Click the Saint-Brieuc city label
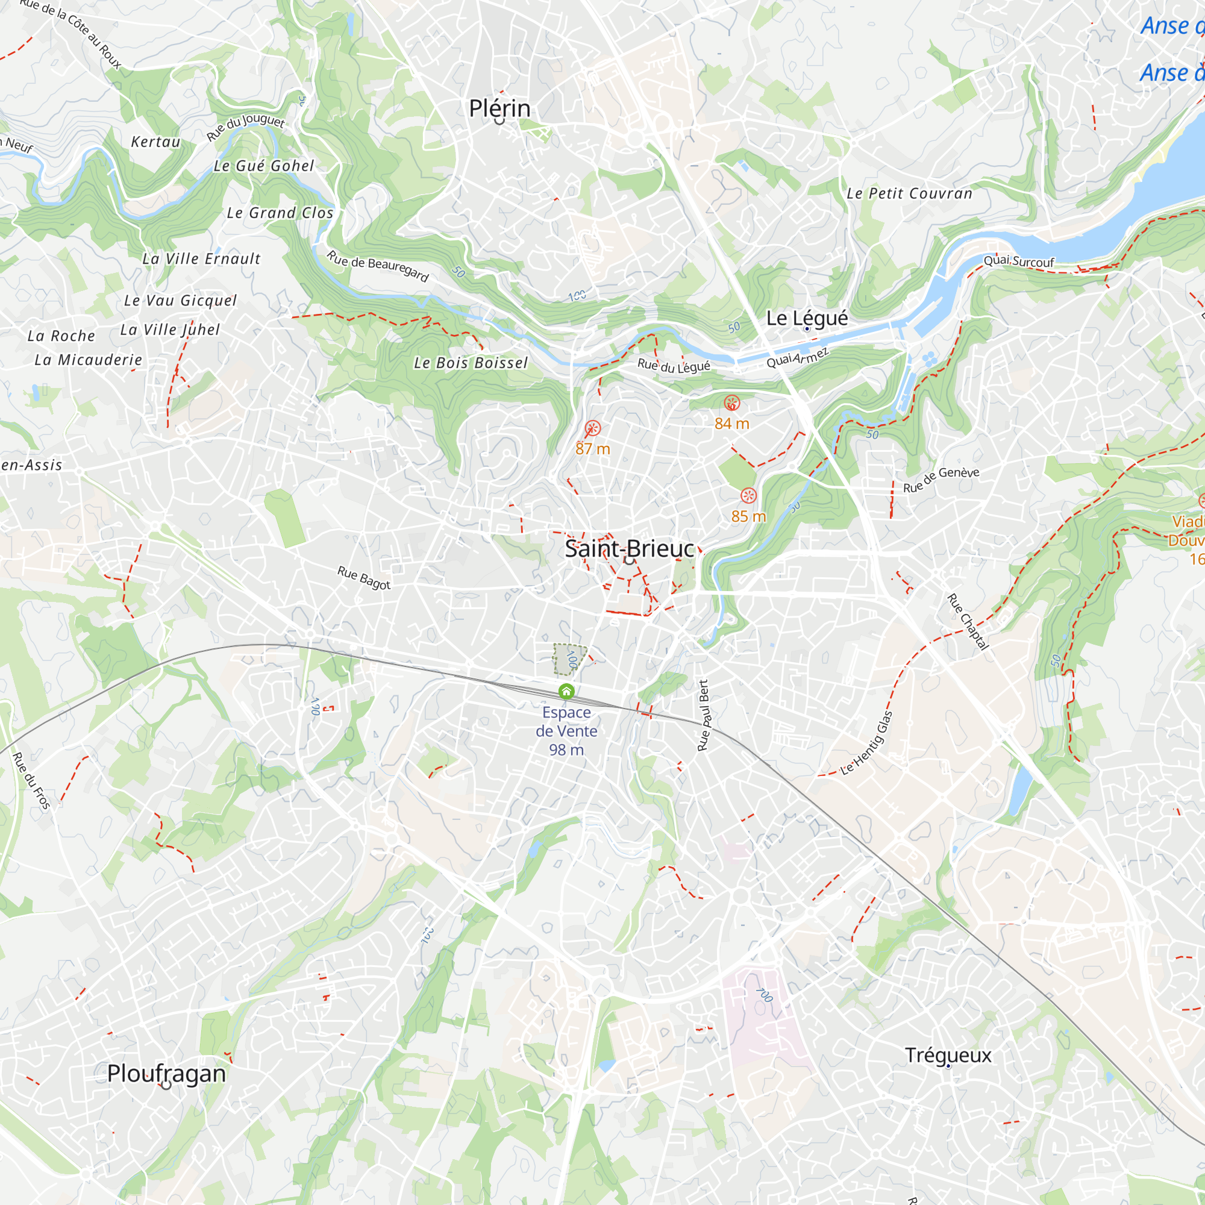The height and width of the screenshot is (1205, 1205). pos(630,549)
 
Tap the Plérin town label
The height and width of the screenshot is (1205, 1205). pos(499,108)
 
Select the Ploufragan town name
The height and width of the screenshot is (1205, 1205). pos(166,1074)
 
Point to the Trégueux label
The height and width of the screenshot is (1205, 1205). pos(948,1055)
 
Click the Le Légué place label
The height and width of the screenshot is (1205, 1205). pos(807,318)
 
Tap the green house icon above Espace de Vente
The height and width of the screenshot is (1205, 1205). pos(566,691)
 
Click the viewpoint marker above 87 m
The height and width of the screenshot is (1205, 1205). pos(592,428)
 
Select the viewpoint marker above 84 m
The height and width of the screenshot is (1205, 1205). pos(731,403)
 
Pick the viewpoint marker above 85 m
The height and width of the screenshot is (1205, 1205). pos(748,496)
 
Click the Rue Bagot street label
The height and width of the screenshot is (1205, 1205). pos(365,578)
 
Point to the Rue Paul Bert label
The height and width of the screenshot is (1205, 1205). pos(704,715)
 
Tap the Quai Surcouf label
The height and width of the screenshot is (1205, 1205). pos(1018,261)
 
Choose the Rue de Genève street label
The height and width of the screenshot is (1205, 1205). pos(941,480)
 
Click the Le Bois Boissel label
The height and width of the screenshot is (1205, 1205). pos(471,363)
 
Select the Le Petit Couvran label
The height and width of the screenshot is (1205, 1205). pos(909,194)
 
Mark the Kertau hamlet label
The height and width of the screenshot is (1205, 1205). pos(156,142)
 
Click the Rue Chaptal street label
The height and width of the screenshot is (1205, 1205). pos(968,622)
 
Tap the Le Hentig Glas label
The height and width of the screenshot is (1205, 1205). pos(867,743)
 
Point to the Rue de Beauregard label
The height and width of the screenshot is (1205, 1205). pos(378,266)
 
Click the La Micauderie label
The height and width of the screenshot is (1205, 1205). pos(89,360)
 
